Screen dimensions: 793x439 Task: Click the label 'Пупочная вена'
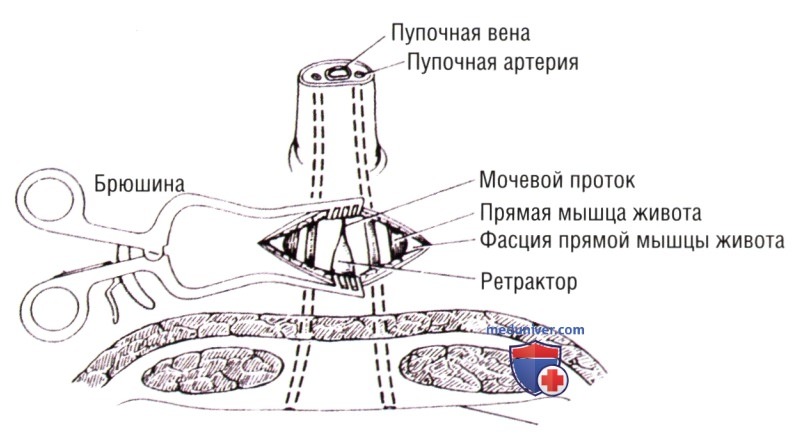pos(461,34)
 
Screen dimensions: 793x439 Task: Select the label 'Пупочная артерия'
pos(493,63)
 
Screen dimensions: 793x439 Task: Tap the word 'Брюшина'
pos(139,185)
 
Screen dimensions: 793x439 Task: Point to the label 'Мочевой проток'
pos(557,181)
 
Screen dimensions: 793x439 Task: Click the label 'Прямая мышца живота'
pos(591,213)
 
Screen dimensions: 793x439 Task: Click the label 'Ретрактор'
pos(529,281)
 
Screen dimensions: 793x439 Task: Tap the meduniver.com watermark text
pos(535,330)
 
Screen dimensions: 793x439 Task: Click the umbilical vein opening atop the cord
pos(336,74)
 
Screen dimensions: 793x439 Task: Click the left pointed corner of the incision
pos(259,243)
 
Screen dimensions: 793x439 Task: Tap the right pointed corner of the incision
pos(429,244)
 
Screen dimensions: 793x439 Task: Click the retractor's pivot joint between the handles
pos(152,250)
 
